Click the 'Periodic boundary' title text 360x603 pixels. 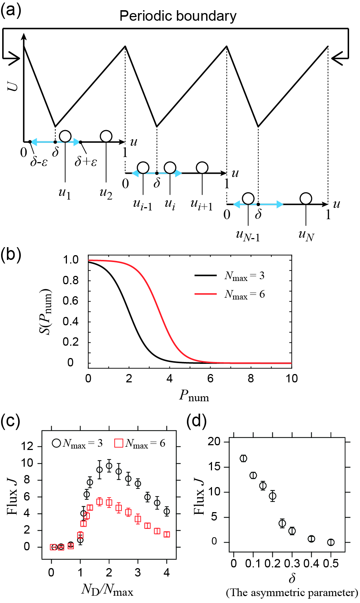click(178, 16)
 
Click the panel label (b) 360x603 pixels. click(11, 254)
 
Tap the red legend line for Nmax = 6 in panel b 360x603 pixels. click(205, 294)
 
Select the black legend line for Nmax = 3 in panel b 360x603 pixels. click(205, 275)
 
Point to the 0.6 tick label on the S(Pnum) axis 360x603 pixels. click(71, 301)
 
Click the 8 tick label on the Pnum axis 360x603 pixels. click(251, 378)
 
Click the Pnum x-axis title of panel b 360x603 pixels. click(194, 395)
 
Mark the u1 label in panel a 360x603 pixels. click(65, 193)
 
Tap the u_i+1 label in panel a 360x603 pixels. click(201, 205)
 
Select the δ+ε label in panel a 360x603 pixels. click(86, 161)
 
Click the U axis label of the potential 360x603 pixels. click(13, 86)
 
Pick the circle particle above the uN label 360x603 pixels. click(306, 198)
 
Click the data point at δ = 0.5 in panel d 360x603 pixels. click(331, 542)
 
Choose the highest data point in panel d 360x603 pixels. click(243, 458)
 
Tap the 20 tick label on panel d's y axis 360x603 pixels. click(214, 442)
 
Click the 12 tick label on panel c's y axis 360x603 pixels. click(27, 446)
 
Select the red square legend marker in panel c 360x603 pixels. click(119, 443)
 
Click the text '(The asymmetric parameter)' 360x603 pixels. click(292, 593)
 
